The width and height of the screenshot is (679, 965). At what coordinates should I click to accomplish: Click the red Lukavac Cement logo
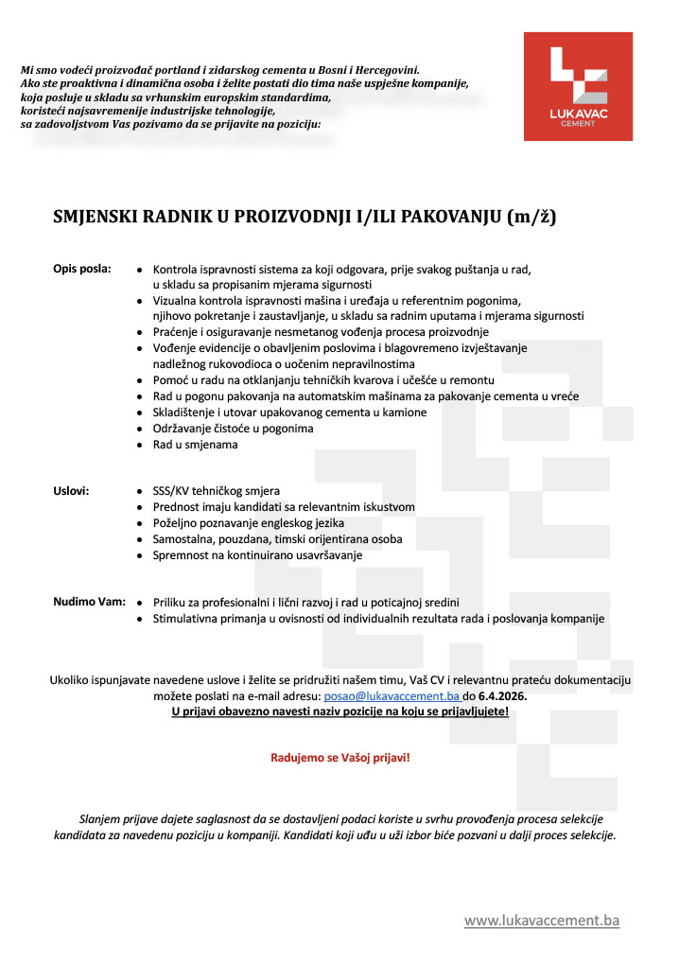[578, 86]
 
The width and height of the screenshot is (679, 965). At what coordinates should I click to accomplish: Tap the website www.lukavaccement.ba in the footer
[541, 920]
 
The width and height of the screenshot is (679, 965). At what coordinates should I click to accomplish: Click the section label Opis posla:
[81, 268]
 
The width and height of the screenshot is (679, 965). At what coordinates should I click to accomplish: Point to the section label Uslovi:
[71, 490]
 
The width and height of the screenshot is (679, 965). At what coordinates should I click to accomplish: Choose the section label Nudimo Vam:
[89, 602]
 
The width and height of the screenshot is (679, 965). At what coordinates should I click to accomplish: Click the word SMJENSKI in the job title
[99, 217]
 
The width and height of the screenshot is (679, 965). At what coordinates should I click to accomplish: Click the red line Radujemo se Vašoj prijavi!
[340, 758]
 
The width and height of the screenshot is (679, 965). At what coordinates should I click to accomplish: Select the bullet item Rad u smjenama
[195, 444]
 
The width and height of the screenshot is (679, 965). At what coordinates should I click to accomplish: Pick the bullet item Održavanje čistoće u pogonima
[233, 428]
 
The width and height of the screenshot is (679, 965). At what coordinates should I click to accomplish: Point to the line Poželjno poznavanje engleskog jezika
[248, 523]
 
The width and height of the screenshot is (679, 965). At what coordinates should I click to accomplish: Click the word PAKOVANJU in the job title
[450, 217]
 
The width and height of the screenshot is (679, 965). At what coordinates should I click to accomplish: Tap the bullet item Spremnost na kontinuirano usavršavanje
[257, 555]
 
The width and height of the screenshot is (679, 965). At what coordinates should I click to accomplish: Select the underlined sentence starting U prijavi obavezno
[340, 711]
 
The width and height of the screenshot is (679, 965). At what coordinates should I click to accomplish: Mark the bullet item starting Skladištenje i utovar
[289, 412]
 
